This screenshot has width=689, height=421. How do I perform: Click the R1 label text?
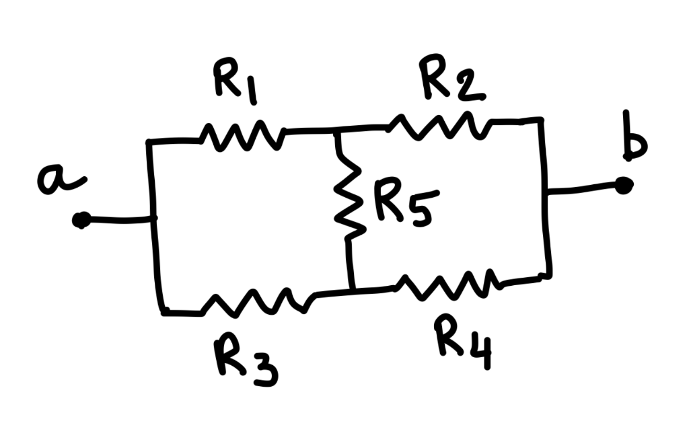pyautogui.click(x=234, y=84)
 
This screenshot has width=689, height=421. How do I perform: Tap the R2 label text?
pyautogui.click(x=449, y=79)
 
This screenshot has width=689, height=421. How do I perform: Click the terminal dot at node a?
pyautogui.click(x=81, y=220)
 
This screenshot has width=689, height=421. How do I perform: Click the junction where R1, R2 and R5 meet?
pyautogui.click(x=337, y=130)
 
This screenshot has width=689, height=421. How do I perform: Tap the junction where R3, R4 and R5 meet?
pyautogui.click(x=352, y=291)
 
